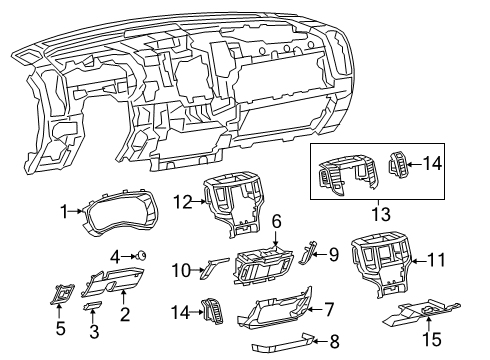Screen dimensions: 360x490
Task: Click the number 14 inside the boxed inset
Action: [x=432, y=162]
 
